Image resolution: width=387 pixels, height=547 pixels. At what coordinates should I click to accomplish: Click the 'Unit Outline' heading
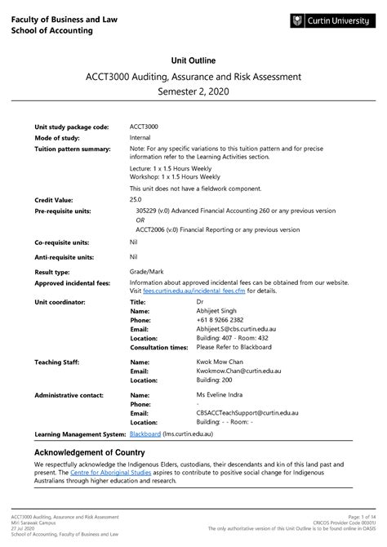(193, 60)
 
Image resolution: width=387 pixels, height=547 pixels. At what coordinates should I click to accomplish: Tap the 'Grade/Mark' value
(148, 272)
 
